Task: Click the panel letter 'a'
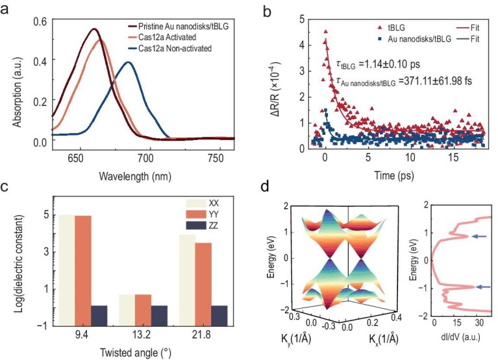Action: [x=7, y=10]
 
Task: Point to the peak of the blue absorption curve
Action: [x=129, y=62]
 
